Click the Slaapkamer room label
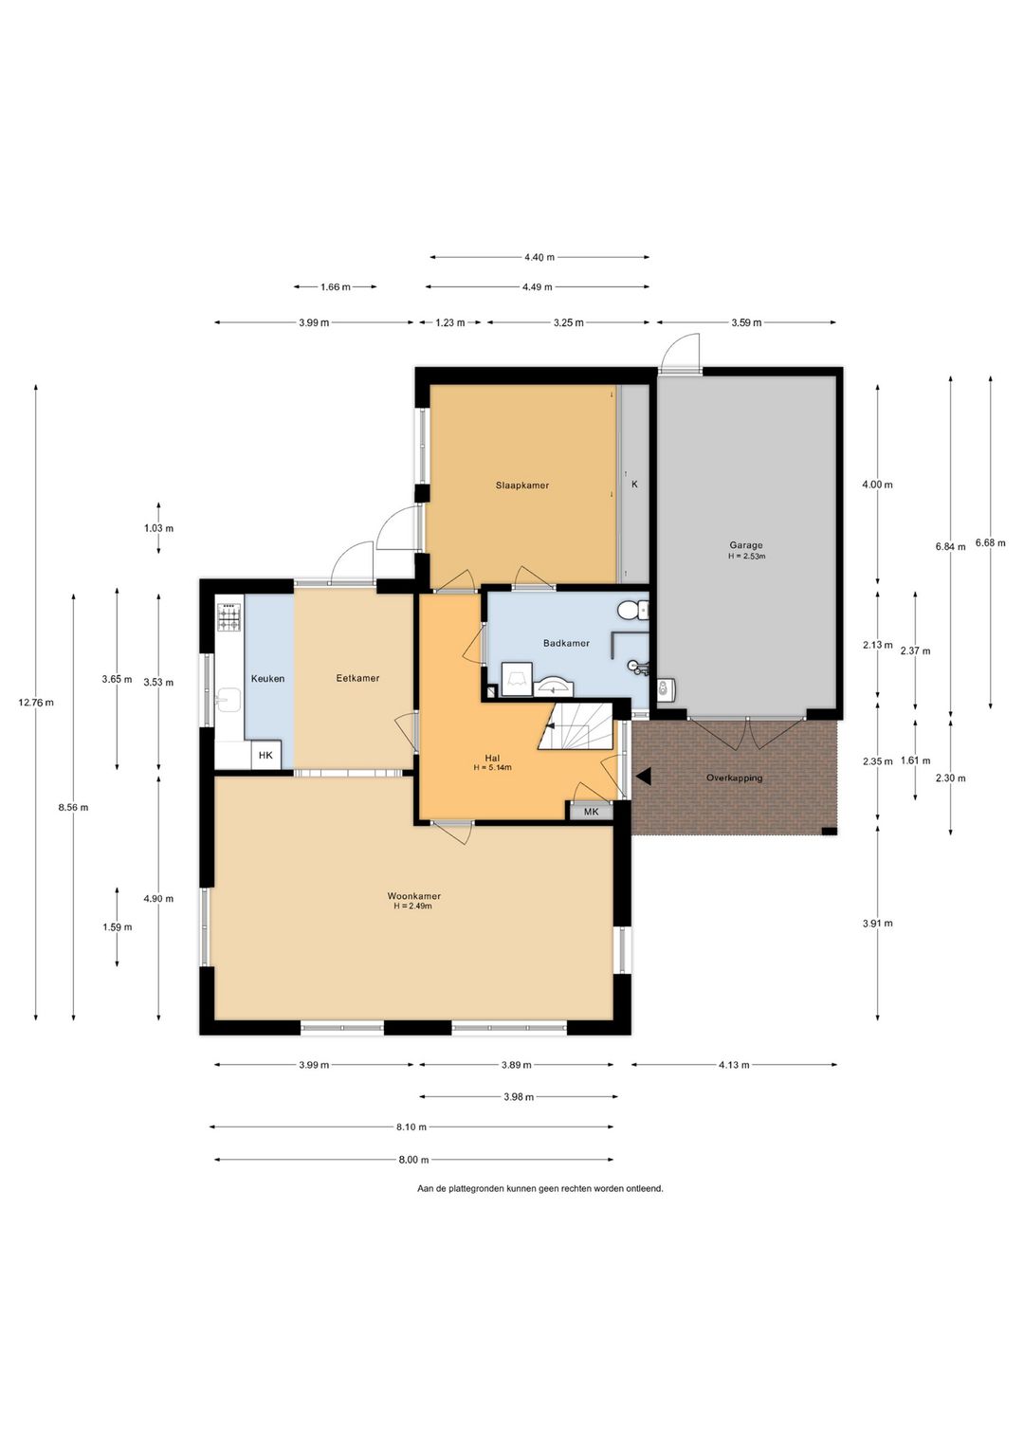(522, 485)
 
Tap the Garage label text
(746, 545)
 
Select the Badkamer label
(566, 644)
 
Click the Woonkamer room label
(413, 896)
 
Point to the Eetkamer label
(357, 678)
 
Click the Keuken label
(267, 678)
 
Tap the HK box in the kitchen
(265, 755)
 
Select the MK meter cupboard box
(591, 812)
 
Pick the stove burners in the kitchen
(229, 616)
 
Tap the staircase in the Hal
(575, 726)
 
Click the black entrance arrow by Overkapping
(644, 778)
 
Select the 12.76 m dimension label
(35, 703)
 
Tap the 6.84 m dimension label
(950, 546)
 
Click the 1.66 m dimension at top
(336, 286)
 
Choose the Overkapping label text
(734, 778)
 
